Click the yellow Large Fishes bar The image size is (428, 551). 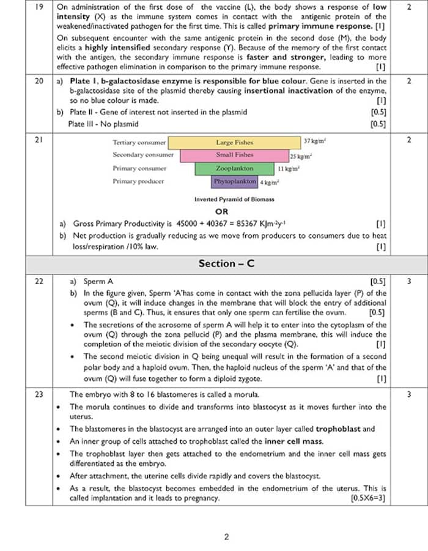[x=234, y=142]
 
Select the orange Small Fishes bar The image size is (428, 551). [x=234, y=155]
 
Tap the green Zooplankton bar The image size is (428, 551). [x=234, y=168]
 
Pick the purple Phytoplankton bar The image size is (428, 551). [x=235, y=182]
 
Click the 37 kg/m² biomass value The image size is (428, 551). [x=315, y=141]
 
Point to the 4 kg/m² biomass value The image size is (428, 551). [x=269, y=182]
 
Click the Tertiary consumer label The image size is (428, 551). [x=139, y=142]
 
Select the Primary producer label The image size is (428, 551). [x=138, y=182]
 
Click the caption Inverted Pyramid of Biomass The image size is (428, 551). [x=234, y=200]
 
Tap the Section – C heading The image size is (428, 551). [x=226, y=263]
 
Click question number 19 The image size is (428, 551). [x=39, y=7]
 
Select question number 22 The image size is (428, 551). [x=39, y=282]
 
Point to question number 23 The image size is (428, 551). [x=39, y=394]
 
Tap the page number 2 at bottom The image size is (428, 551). [x=226, y=537]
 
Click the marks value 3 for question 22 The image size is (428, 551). [x=409, y=282]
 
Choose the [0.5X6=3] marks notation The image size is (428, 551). [x=368, y=498]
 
